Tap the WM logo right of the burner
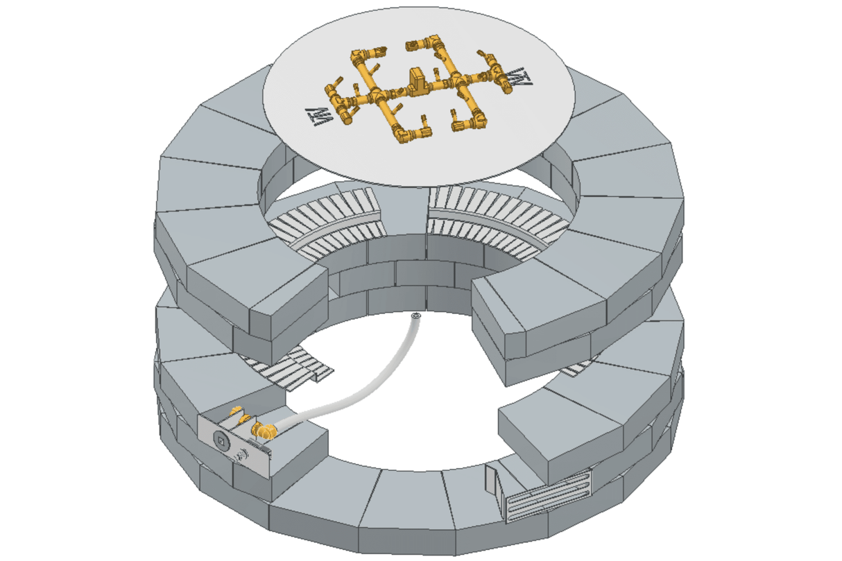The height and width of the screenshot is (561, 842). (519, 80)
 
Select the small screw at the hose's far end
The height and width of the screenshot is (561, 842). (415, 316)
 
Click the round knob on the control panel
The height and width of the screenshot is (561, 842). (220, 440)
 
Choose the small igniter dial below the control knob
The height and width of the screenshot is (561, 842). (243, 455)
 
